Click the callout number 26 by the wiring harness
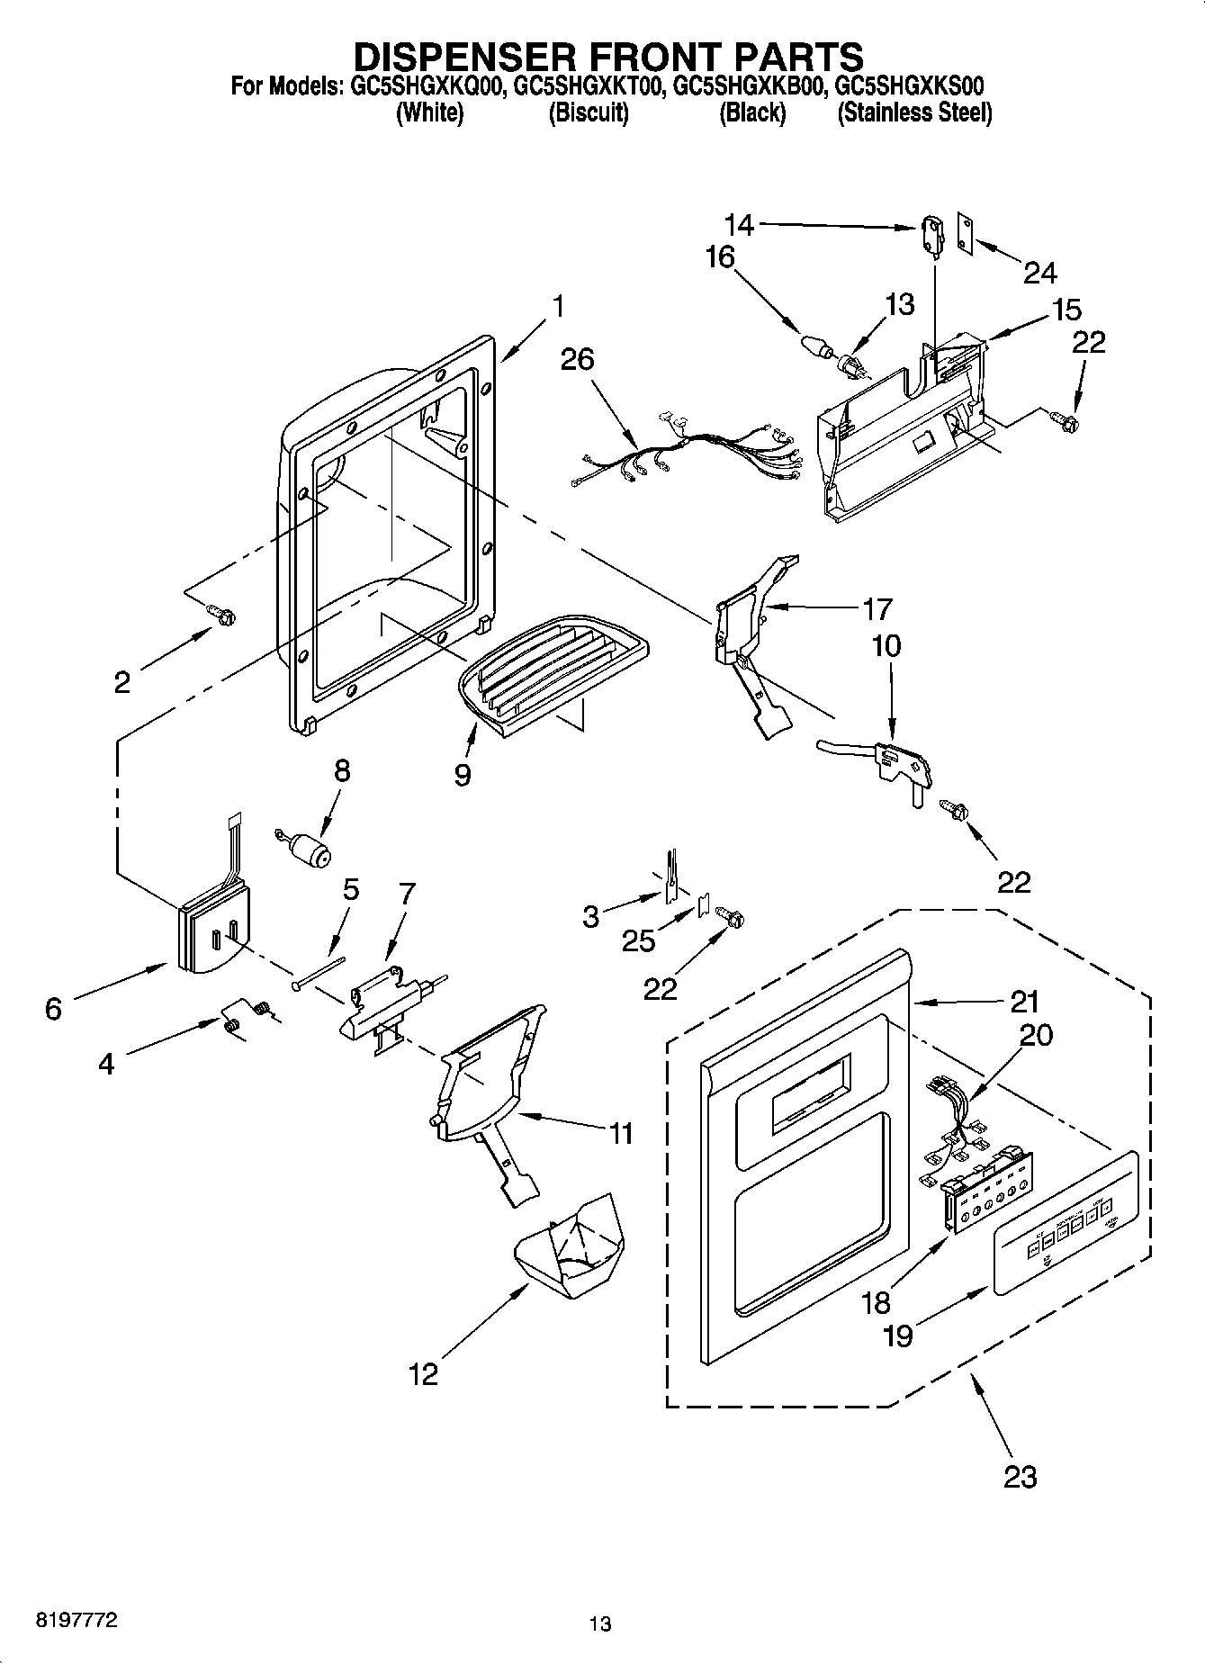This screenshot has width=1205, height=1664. tap(577, 359)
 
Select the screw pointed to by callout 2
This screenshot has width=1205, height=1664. tap(221, 615)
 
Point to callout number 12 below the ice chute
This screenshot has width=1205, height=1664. tap(423, 1373)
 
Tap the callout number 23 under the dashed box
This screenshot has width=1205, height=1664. tap(1020, 1477)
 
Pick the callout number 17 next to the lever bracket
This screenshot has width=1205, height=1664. tap(877, 609)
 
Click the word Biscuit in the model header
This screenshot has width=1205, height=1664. tap(588, 113)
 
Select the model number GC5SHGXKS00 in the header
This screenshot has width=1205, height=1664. tap(909, 86)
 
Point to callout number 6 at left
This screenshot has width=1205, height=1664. tap(53, 1009)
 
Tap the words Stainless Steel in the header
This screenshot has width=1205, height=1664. tap(914, 113)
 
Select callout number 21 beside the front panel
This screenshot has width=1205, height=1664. tap(1024, 1002)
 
